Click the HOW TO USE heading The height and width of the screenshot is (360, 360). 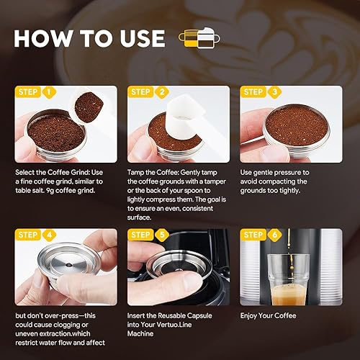[x=90, y=37]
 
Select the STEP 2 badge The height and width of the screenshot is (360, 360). [x=149, y=92]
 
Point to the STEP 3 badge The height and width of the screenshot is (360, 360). [x=261, y=92]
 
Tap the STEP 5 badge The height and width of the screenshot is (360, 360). [x=149, y=235]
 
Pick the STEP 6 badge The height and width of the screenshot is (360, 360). [x=261, y=235]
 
